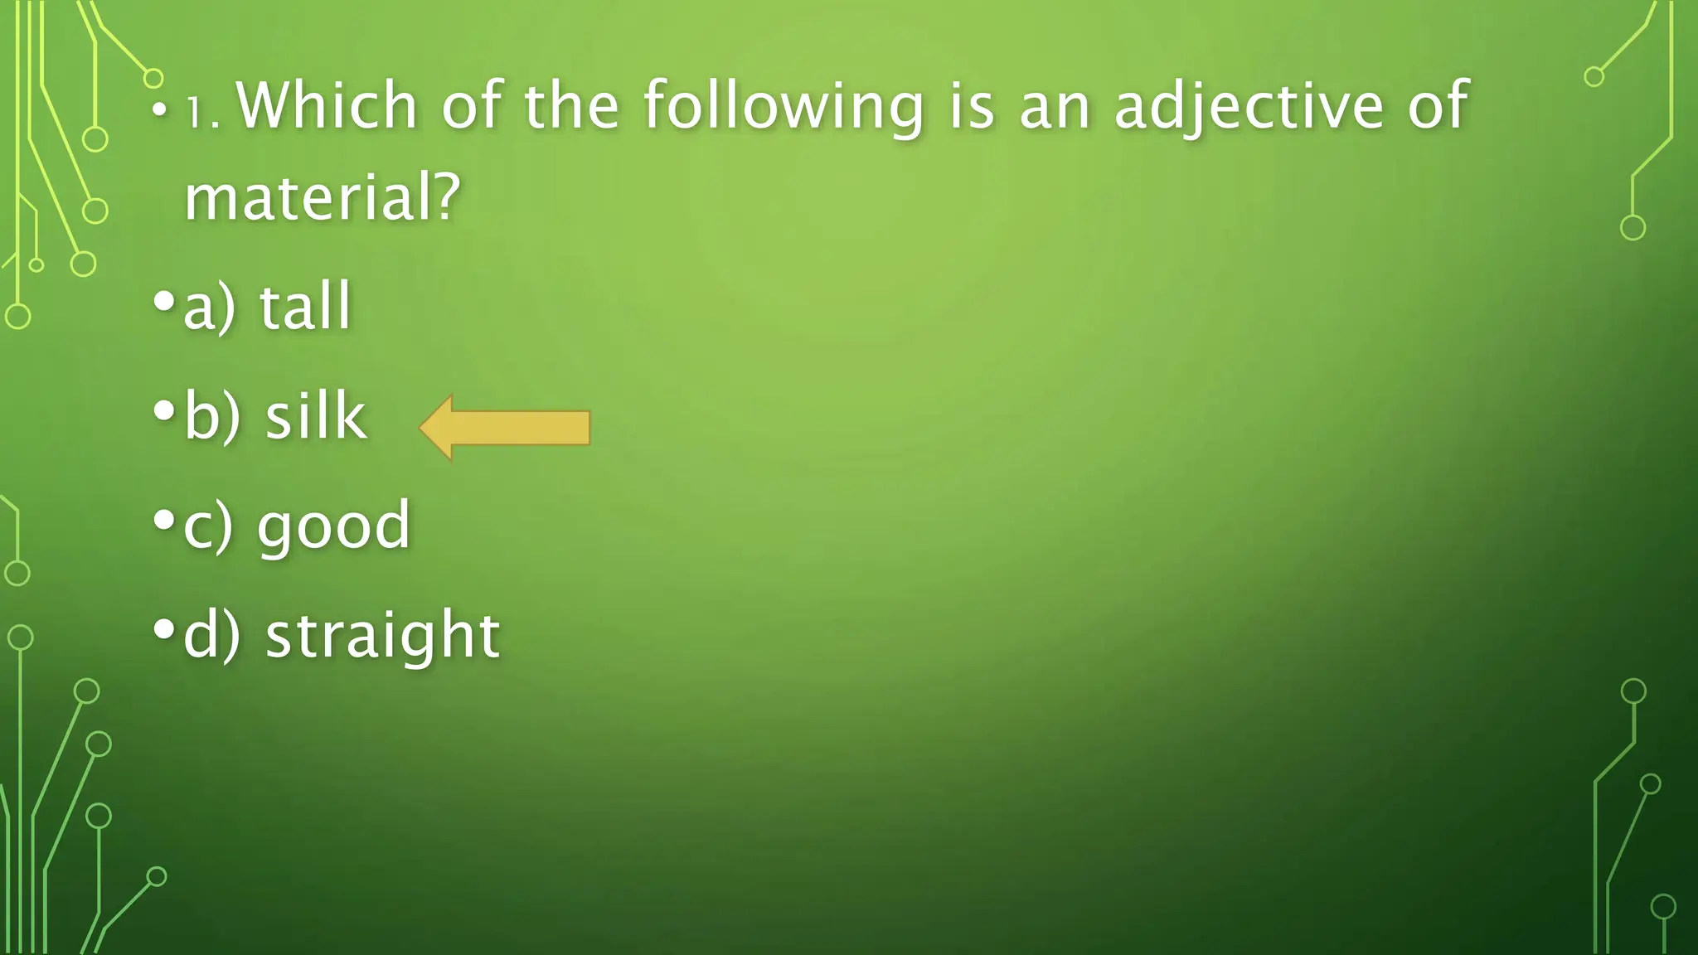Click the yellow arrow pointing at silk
pyautogui.click(x=505, y=428)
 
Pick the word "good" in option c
pyautogui.click(x=333, y=526)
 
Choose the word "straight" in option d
pyautogui.click(x=382, y=636)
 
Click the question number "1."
pyautogui.click(x=202, y=112)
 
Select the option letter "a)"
pyautogui.click(x=209, y=307)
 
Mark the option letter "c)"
pyautogui.click(x=208, y=526)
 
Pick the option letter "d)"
pyautogui.click(x=211, y=636)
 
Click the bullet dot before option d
pyautogui.click(x=164, y=630)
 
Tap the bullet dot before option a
pyautogui.click(x=164, y=300)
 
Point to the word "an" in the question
pyautogui.click(x=1054, y=108)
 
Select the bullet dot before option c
pyautogui.click(x=164, y=521)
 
